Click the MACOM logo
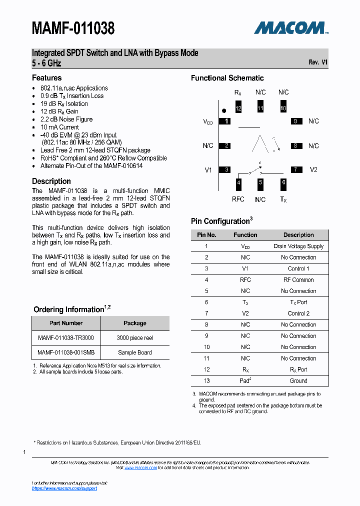click(290, 28)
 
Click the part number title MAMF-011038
click(73, 28)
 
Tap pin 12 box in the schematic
click(238, 108)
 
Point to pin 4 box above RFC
click(238, 183)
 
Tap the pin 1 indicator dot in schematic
click(224, 110)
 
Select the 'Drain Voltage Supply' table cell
click(298, 246)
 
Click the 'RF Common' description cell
click(298, 280)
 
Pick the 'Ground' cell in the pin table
click(298, 381)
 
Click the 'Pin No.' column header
click(206, 235)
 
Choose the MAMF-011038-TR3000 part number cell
click(65, 338)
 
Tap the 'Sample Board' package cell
click(134, 352)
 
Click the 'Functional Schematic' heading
click(227, 78)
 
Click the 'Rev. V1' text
click(318, 62)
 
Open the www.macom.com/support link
click(64, 488)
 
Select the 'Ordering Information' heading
click(68, 309)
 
